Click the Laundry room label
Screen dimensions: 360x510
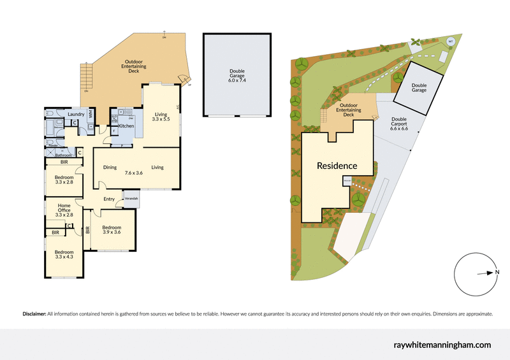click(x=76, y=114)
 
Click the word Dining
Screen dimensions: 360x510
click(x=110, y=168)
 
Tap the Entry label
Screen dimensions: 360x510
click(x=109, y=199)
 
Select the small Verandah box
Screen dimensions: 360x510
click(x=131, y=198)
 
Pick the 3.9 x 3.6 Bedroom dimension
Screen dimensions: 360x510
click(x=112, y=232)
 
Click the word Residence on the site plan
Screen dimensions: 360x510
click(x=337, y=166)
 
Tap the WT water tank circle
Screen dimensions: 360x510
click(x=450, y=41)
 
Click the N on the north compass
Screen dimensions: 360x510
click(x=497, y=273)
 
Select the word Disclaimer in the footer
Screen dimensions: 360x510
click(x=34, y=314)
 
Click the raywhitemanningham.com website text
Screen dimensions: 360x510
click(x=441, y=345)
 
